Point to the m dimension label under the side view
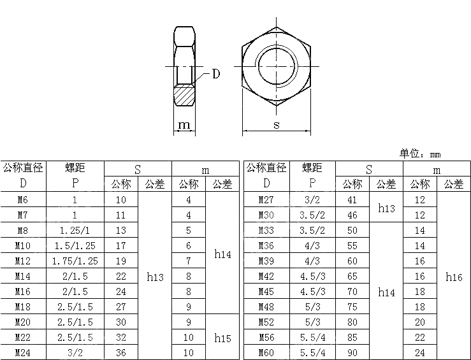tap(185, 125)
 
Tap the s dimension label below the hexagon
tap(277, 125)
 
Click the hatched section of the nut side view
tap(185, 96)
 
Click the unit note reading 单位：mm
tap(420, 154)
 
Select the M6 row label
tap(23, 200)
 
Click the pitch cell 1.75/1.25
tap(75, 261)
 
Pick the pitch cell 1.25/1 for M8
tap(75, 231)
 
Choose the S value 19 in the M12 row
tap(121, 261)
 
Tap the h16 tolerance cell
tap(454, 277)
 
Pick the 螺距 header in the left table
tap(75, 168)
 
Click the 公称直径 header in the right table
tap(266, 168)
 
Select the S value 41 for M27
tap(352, 200)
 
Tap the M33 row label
tap(266, 231)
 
